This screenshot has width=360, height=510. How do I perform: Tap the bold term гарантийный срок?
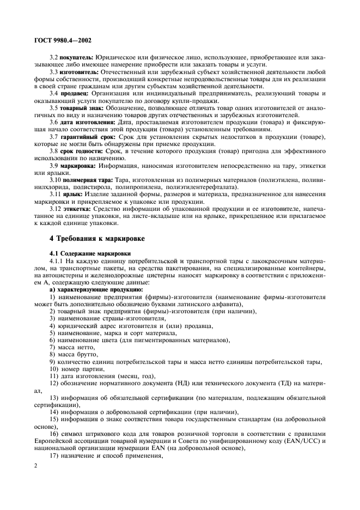click(x=84, y=136)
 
